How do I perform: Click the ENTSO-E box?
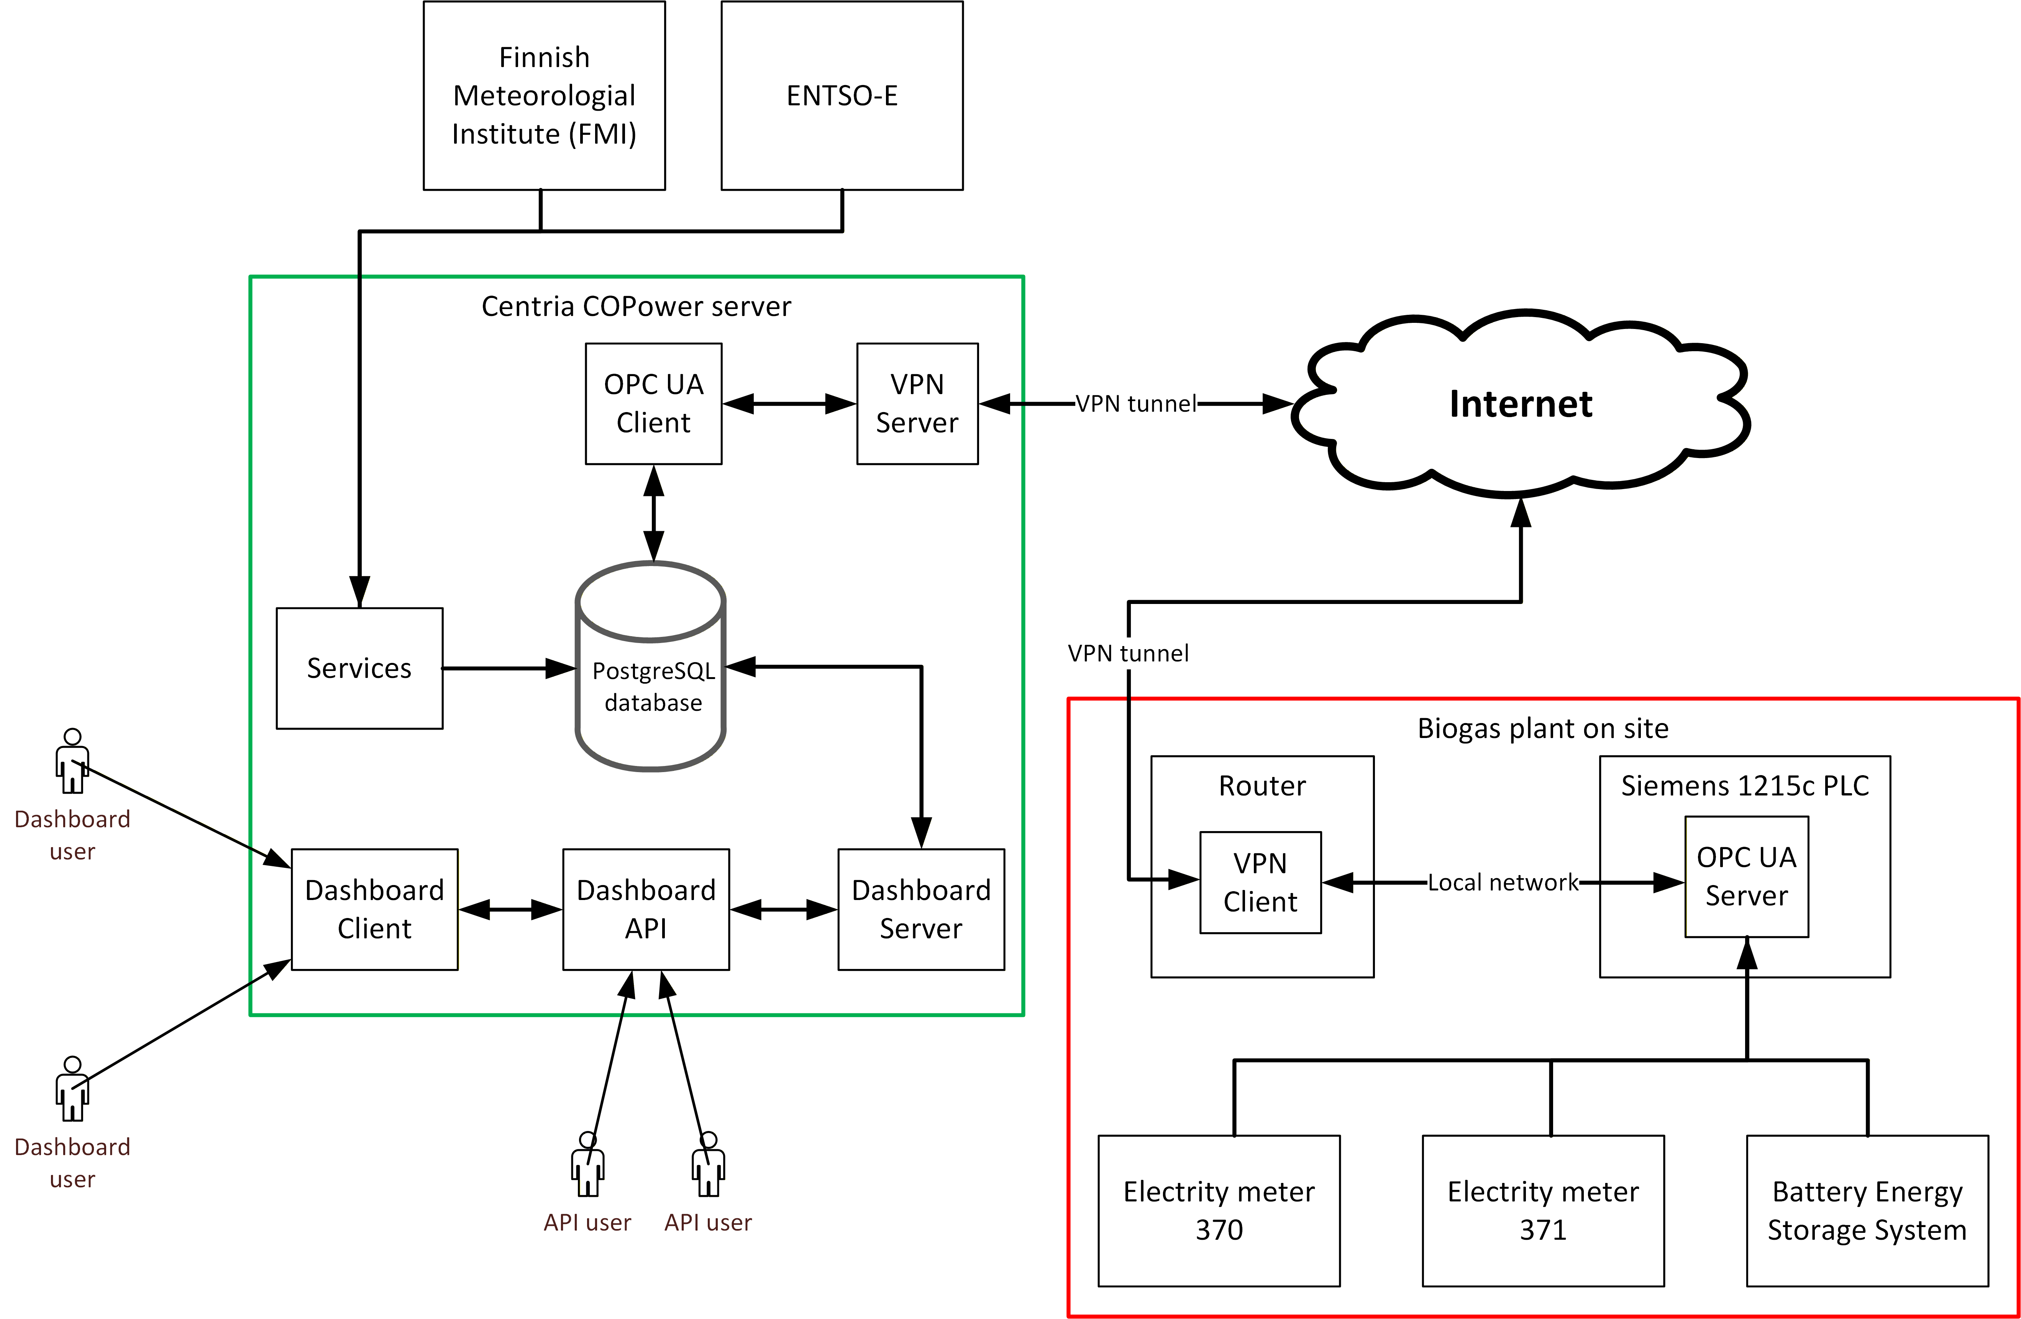842,95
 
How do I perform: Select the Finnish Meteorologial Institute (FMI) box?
544,95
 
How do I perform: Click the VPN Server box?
917,403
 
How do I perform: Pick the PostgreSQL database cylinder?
650,666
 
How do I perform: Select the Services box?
359,668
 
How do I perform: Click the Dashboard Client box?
374,909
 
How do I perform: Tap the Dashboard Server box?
921,909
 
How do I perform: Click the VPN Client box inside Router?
1260,883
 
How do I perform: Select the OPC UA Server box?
1747,877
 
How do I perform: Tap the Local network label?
1503,883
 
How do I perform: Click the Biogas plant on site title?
1543,728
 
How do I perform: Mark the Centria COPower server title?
636,306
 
